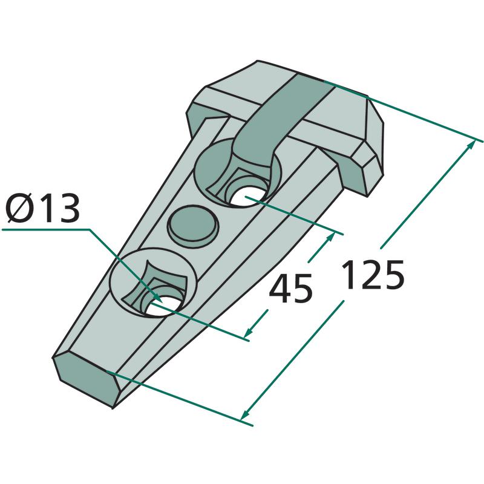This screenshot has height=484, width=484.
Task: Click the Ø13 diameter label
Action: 42,208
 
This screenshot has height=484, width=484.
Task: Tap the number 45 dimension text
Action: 291,289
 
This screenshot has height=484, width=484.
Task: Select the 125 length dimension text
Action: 373,275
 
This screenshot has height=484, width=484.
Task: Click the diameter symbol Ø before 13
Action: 18,208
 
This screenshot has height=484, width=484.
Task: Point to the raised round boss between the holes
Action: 193,223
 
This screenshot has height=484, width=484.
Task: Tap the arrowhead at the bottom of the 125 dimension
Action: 245,414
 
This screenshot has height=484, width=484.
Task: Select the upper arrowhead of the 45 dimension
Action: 330,238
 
